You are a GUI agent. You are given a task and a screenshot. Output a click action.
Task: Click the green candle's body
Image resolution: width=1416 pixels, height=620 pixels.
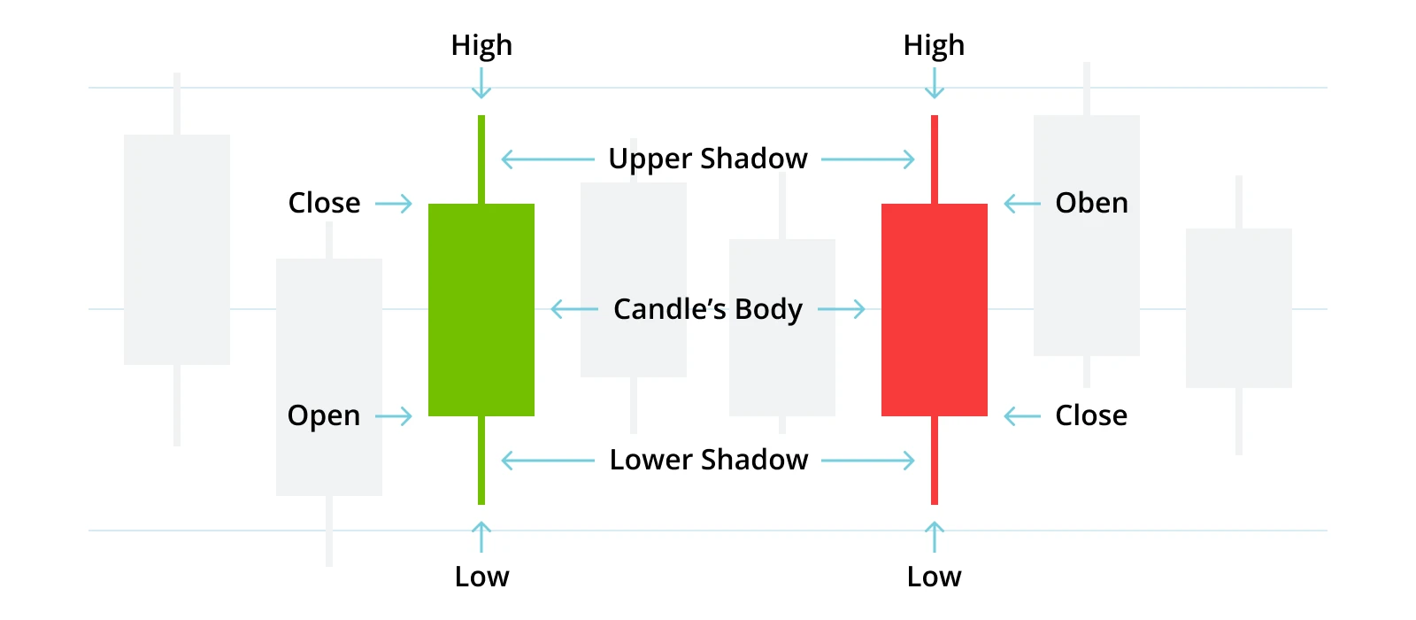[x=481, y=310]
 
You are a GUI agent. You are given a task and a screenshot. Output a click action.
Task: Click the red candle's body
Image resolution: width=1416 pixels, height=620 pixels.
[x=935, y=310]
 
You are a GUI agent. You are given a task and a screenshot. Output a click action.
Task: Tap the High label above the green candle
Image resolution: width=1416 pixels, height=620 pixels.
[x=481, y=45]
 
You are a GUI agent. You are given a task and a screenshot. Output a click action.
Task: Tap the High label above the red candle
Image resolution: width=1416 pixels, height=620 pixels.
[x=934, y=45]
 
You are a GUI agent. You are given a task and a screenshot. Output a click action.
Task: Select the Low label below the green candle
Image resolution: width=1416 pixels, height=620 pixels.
[x=481, y=577]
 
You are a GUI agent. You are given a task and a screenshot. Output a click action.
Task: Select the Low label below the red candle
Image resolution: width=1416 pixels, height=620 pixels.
[x=934, y=577]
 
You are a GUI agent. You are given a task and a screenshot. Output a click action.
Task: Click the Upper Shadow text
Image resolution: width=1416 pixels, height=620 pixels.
[x=708, y=159]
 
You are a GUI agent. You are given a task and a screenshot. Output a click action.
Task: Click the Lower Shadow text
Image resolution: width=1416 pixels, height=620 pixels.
[x=709, y=461]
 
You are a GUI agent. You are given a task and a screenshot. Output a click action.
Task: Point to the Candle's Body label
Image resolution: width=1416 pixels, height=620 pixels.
[x=708, y=310]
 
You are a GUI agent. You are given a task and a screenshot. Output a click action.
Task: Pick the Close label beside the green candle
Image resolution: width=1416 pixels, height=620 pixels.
[x=324, y=204]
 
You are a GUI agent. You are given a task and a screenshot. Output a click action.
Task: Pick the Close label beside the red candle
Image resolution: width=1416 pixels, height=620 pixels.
[x=1091, y=416]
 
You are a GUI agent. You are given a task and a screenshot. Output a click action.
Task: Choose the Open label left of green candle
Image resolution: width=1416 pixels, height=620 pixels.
[x=324, y=416]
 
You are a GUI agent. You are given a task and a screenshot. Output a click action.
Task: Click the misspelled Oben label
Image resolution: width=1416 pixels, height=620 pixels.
[x=1091, y=204]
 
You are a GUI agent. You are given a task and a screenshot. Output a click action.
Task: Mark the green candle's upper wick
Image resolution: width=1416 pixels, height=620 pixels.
[x=481, y=159]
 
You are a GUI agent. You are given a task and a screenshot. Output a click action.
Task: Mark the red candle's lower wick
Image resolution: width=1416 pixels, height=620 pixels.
[x=935, y=461]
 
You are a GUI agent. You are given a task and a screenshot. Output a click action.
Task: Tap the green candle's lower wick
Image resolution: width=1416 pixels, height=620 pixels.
[x=481, y=461]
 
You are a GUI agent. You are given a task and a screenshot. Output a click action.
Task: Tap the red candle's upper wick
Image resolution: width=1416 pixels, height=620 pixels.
[x=935, y=159]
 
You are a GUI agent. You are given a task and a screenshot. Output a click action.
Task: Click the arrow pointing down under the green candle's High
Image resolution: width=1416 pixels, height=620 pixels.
[x=481, y=83]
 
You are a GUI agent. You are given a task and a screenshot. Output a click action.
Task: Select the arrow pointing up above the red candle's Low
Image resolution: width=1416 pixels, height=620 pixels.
[x=935, y=537]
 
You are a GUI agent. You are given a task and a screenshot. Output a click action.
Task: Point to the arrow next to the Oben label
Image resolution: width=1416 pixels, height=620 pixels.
[x=1022, y=204]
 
